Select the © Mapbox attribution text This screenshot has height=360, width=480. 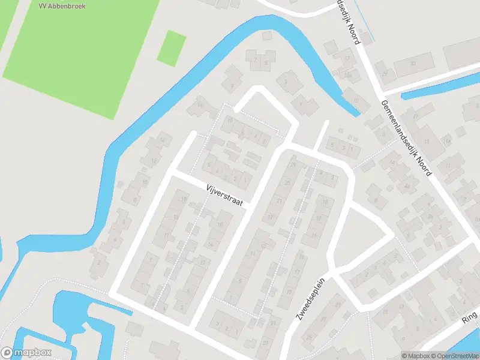(x=416, y=356)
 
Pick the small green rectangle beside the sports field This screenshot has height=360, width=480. (x=171, y=47)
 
